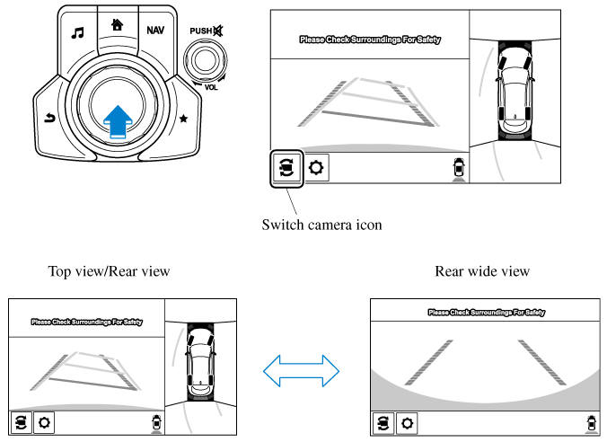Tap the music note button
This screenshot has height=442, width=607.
coord(77,33)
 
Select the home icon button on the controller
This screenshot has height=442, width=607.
coord(116,25)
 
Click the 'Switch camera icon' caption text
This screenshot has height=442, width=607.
coord(321,225)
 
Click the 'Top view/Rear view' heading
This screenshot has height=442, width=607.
coord(109,270)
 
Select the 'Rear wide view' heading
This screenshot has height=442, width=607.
coord(482,270)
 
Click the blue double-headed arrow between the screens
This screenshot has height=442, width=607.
coord(301,368)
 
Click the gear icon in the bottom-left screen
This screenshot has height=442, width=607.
coord(44,421)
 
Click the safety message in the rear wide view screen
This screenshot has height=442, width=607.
coord(485,313)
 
